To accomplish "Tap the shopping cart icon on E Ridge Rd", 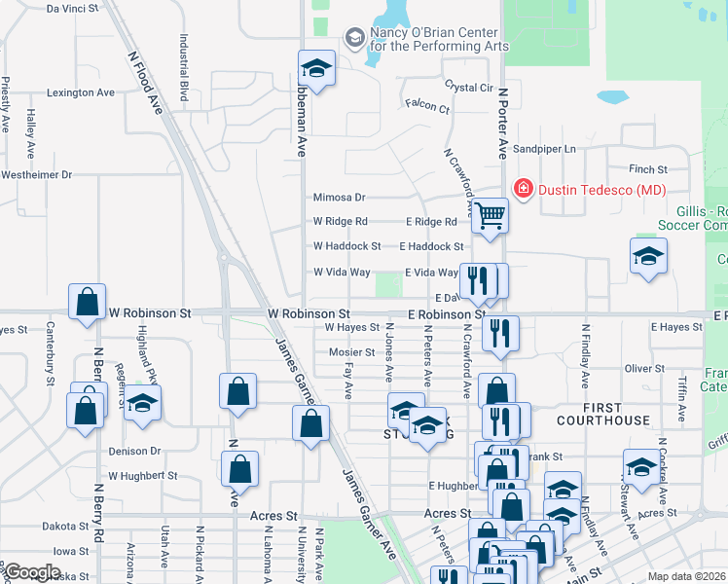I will click(x=491, y=215).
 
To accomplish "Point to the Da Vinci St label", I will click(x=73, y=8).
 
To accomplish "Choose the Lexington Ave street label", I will click(x=81, y=93).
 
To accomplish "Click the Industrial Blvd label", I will click(x=183, y=68).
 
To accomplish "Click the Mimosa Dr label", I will click(x=339, y=198).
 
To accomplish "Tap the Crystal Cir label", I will click(x=469, y=88).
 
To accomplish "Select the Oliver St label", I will click(x=644, y=369).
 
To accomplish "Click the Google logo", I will click(x=32, y=572).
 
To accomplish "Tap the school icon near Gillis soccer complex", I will click(x=648, y=257).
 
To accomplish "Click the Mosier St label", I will click(x=350, y=352).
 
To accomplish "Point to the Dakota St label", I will click(x=65, y=527).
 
